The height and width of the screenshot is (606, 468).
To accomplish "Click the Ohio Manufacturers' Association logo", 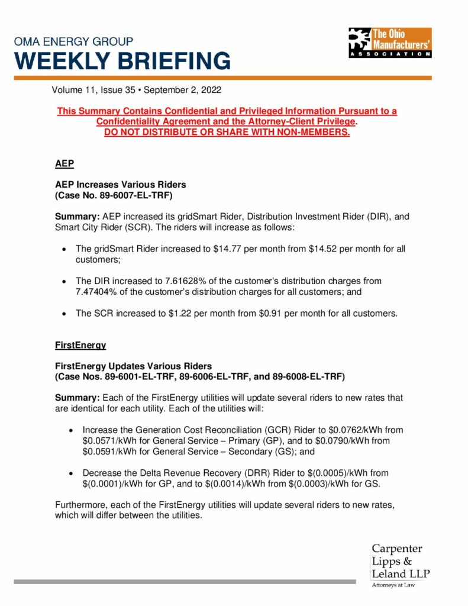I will point(389,42).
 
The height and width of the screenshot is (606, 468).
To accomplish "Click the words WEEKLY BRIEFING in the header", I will point(122,61).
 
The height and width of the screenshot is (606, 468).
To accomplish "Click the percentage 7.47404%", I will point(96,292).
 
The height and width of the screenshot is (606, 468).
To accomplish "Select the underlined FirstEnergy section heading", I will point(80,344).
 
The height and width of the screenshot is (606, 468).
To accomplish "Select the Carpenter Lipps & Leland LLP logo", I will point(401,565).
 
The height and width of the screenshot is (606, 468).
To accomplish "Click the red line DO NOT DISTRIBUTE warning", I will point(227,132).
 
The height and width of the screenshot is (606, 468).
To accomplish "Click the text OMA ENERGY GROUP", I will point(74,42).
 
